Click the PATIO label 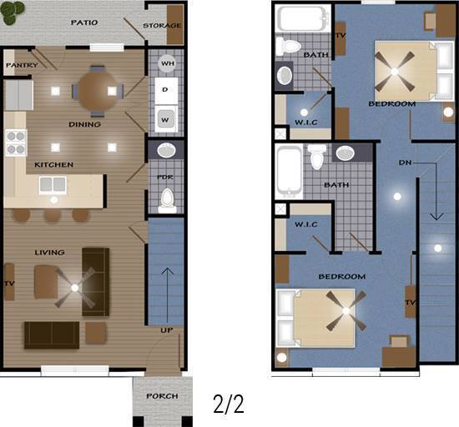click(x=84, y=23)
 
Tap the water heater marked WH click(x=167, y=63)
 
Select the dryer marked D click(x=166, y=91)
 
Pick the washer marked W click(x=166, y=119)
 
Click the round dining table click(x=98, y=91)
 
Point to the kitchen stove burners click(x=16, y=143)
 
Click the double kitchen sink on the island click(x=53, y=185)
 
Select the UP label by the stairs click(x=166, y=330)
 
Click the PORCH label click(x=162, y=396)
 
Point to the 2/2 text click(x=229, y=404)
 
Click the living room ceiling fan click(x=75, y=288)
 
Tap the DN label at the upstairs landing click(x=405, y=163)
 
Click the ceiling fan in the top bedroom click(x=395, y=72)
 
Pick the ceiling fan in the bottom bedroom click(x=346, y=310)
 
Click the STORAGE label click(x=162, y=26)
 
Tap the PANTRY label click(x=22, y=65)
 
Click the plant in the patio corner click(x=13, y=13)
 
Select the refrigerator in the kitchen click(x=19, y=95)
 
